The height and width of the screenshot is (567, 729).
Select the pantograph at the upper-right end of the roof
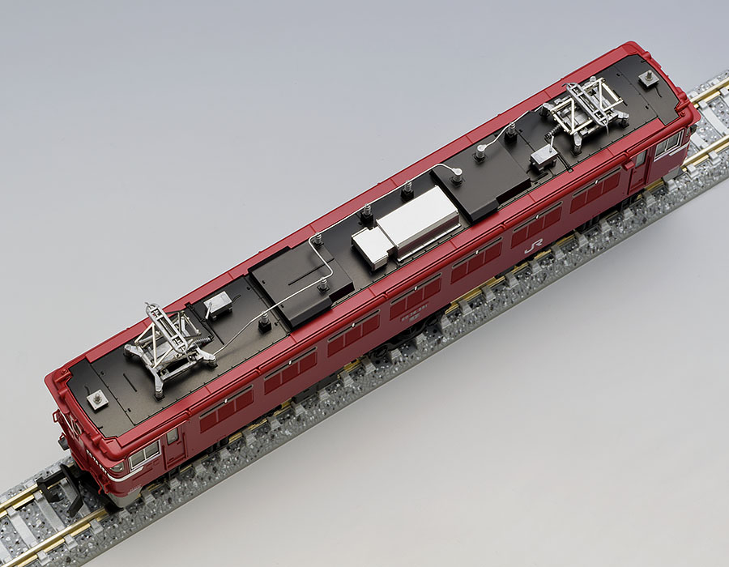586,110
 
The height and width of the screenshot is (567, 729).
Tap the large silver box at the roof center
418,218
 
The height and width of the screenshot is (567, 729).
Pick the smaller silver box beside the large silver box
371,247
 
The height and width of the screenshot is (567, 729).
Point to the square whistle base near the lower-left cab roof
97,399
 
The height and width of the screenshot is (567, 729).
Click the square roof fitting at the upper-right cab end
648,78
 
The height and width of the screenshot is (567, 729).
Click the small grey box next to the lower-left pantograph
217,305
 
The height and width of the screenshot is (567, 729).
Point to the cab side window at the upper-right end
668,145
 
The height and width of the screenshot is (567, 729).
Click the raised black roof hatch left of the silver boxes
301,279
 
